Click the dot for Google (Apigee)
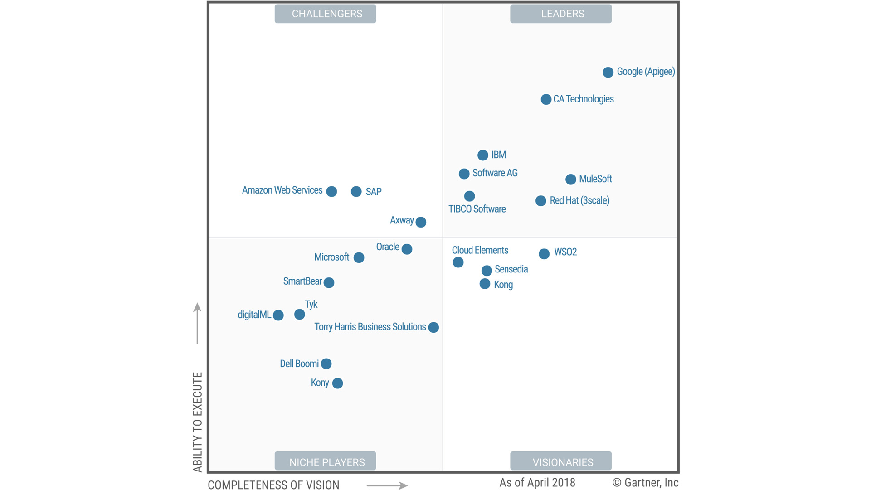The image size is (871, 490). click(x=608, y=72)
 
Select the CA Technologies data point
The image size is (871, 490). click(x=546, y=99)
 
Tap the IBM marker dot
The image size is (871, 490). click(x=483, y=155)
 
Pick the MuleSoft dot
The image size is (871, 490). click(x=571, y=180)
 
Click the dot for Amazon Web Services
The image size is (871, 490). click(x=331, y=191)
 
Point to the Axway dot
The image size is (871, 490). click(x=421, y=222)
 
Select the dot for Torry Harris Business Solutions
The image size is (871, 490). click(x=433, y=327)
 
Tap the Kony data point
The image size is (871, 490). click(x=337, y=383)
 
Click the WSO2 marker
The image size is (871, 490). click(x=544, y=254)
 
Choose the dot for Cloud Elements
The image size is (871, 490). click(x=458, y=262)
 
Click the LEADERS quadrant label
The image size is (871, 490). click(x=561, y=14)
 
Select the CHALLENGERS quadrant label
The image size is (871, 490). click(x=326, y=14)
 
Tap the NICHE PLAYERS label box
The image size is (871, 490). click(x=326, y=461)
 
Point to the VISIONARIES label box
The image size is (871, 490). click(x=561, y=461)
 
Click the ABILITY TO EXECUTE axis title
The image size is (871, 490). click(x=197, y=422)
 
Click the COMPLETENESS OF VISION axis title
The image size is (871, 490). click(x=273, y=485)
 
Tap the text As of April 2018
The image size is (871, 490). click(x=537, y=483)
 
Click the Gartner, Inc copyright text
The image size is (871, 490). click(x=646, y=483)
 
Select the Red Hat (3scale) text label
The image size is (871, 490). click(x=579, y=200)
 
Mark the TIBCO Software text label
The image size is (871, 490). click(x=477, y=209)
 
